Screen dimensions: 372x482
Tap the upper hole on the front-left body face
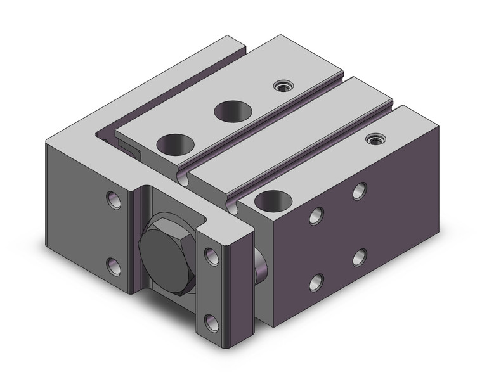pos(113,200)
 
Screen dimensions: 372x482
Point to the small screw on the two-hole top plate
pos(279,86)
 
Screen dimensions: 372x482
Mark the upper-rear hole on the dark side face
pos(360,189)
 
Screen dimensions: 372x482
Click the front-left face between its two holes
pos(113,233)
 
